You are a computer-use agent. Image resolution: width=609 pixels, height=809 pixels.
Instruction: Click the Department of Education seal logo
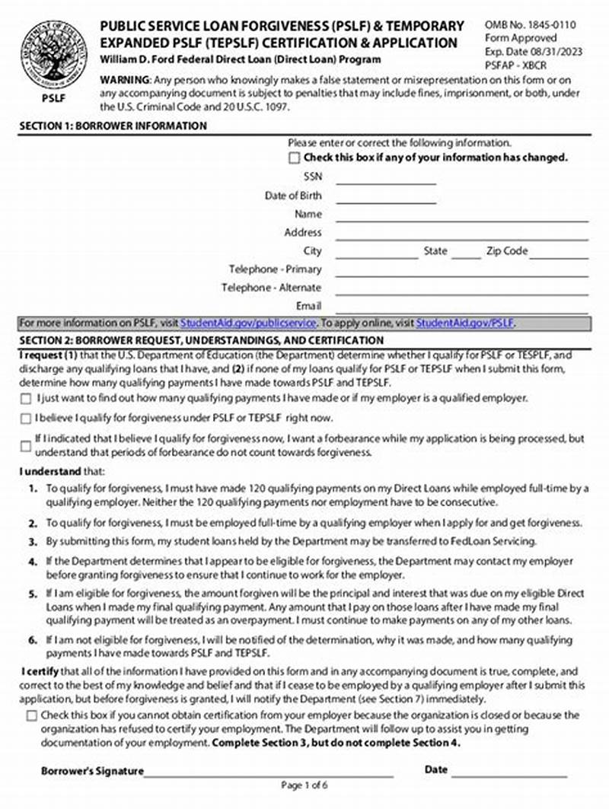(x=53, y=55)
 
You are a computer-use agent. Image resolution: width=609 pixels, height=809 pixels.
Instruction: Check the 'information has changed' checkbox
(x=294, y=158)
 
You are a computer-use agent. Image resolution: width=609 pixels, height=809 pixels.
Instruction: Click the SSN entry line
(x=386, y=180)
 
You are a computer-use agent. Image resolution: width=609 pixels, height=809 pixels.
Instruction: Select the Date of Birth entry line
(x=386, y=199)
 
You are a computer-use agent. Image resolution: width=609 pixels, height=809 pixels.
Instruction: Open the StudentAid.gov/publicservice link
(x=247, y=323)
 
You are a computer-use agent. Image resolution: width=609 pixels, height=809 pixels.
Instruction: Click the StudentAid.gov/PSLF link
(x=465, y=323)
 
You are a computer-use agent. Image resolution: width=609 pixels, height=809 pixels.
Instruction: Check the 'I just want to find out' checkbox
(x=27, y=398)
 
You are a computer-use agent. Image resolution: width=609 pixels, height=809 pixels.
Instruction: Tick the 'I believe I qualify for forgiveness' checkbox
(x=27, y=419)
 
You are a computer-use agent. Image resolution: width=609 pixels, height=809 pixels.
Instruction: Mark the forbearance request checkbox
(x=27, y=445)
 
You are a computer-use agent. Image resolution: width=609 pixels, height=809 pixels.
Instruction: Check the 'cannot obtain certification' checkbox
(x=31, y=715)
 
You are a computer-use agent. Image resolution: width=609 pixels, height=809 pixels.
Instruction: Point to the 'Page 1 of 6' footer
(x=304, y=785)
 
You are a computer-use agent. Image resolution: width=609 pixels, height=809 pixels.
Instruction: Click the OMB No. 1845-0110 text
(x=530, y=25)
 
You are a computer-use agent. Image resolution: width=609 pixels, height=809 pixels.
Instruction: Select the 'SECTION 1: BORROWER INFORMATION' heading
(x=113, y=126)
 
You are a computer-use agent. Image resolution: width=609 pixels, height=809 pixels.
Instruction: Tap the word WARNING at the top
(x=126, y=81)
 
